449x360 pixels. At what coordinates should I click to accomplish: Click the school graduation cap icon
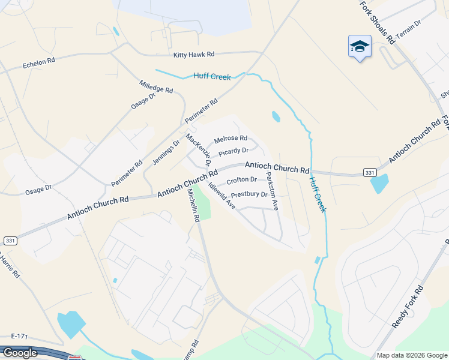tap(360, 46)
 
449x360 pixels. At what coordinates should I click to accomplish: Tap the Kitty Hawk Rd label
tap(193, 55)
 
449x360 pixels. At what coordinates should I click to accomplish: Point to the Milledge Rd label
tap(155, 86)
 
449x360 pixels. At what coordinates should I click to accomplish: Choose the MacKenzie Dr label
tap(199, 149)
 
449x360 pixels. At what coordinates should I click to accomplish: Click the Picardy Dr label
tap(233, 151)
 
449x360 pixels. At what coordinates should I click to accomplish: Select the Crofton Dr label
tap(241, 180)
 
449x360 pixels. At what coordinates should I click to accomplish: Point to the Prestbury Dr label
tap(249, 194)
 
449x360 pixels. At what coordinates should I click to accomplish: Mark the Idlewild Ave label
tap(221, 196)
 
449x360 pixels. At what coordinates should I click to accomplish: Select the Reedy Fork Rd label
tap(408, 307)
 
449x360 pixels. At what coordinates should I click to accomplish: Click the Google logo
tap(19, 353)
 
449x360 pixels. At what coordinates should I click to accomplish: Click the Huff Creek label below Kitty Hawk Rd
tap(212, 77)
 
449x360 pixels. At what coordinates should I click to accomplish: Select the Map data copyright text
tap(411, 355)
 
